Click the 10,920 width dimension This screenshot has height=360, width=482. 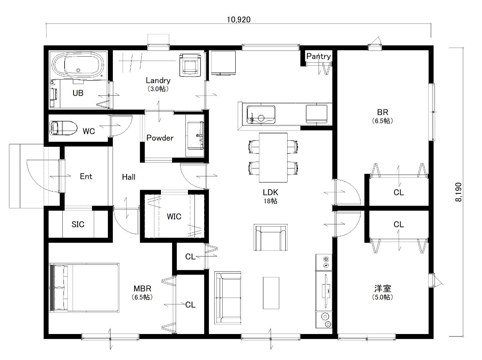(238, 20)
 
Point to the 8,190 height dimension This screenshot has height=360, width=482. (459, 192)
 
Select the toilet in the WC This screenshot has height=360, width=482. (63, 128)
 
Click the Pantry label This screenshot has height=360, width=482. (319, 56)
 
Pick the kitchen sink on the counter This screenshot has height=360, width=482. (261, 114)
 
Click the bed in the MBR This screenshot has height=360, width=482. (84, 287)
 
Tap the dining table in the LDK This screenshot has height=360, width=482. (273, 157)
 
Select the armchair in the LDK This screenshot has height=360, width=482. (271, 237)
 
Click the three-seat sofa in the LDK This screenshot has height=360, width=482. (228, 298)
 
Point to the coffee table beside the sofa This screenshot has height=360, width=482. (271, 293)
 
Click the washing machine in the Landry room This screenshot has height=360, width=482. (190, 65)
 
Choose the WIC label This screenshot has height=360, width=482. (174, 216)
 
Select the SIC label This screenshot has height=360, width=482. (78, 224)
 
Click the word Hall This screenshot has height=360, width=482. (129, 177)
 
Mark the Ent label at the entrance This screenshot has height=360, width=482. (86, 176)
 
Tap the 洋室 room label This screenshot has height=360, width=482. (382, 289)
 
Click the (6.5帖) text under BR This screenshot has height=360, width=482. (382, 121)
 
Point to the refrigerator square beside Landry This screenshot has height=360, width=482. (223, 63)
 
